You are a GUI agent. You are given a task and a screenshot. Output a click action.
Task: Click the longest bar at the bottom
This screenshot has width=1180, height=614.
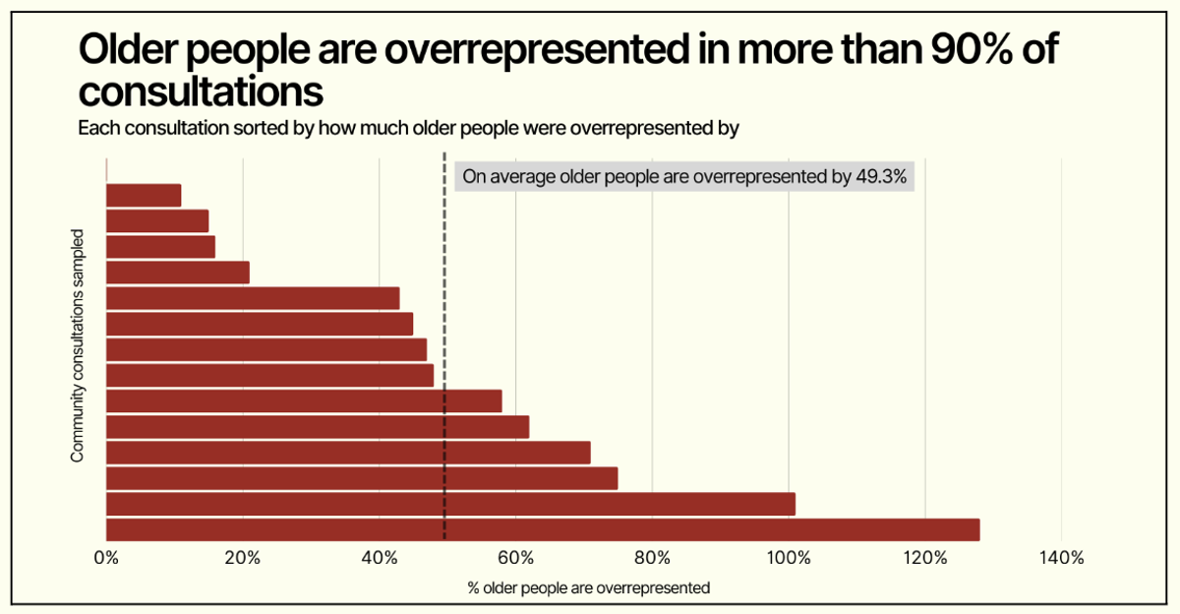click(542, 529)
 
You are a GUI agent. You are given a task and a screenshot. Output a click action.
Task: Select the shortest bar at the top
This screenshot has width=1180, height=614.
click(144, 196)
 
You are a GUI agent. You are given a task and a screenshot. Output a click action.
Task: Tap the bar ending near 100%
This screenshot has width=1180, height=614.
click(449, 504)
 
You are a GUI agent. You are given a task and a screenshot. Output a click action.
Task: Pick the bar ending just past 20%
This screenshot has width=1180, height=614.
click(177, 273)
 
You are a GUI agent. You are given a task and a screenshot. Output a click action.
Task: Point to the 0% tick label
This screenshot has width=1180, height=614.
click(105, 558)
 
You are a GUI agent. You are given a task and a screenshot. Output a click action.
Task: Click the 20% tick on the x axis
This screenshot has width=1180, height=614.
click(242, 558)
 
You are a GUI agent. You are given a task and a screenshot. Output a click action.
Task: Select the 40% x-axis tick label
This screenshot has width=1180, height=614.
click(379, 558)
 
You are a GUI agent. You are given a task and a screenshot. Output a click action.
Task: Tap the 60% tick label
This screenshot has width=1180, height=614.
click(515, 558)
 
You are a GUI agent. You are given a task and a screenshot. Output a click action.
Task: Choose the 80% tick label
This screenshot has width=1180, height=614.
click(652, 558)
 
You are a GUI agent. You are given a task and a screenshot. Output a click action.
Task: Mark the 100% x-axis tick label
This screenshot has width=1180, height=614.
click(788, 558)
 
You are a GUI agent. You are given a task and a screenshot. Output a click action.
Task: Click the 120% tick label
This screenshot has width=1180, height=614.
click(924, 558)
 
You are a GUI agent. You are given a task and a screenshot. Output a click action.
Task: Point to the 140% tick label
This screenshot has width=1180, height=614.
click(1061, 558)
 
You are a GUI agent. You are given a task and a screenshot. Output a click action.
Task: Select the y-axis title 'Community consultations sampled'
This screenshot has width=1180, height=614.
click(76, 345)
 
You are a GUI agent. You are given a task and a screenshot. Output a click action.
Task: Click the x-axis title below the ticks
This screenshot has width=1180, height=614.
click(589, 588)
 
